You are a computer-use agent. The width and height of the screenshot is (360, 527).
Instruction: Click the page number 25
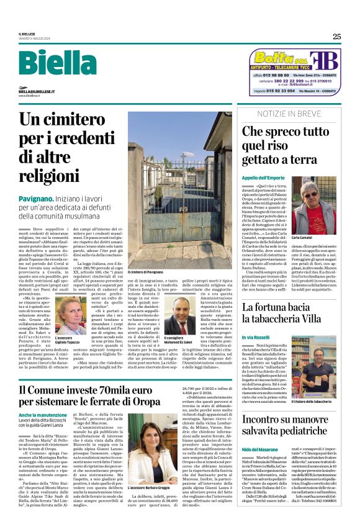(336, 37)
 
